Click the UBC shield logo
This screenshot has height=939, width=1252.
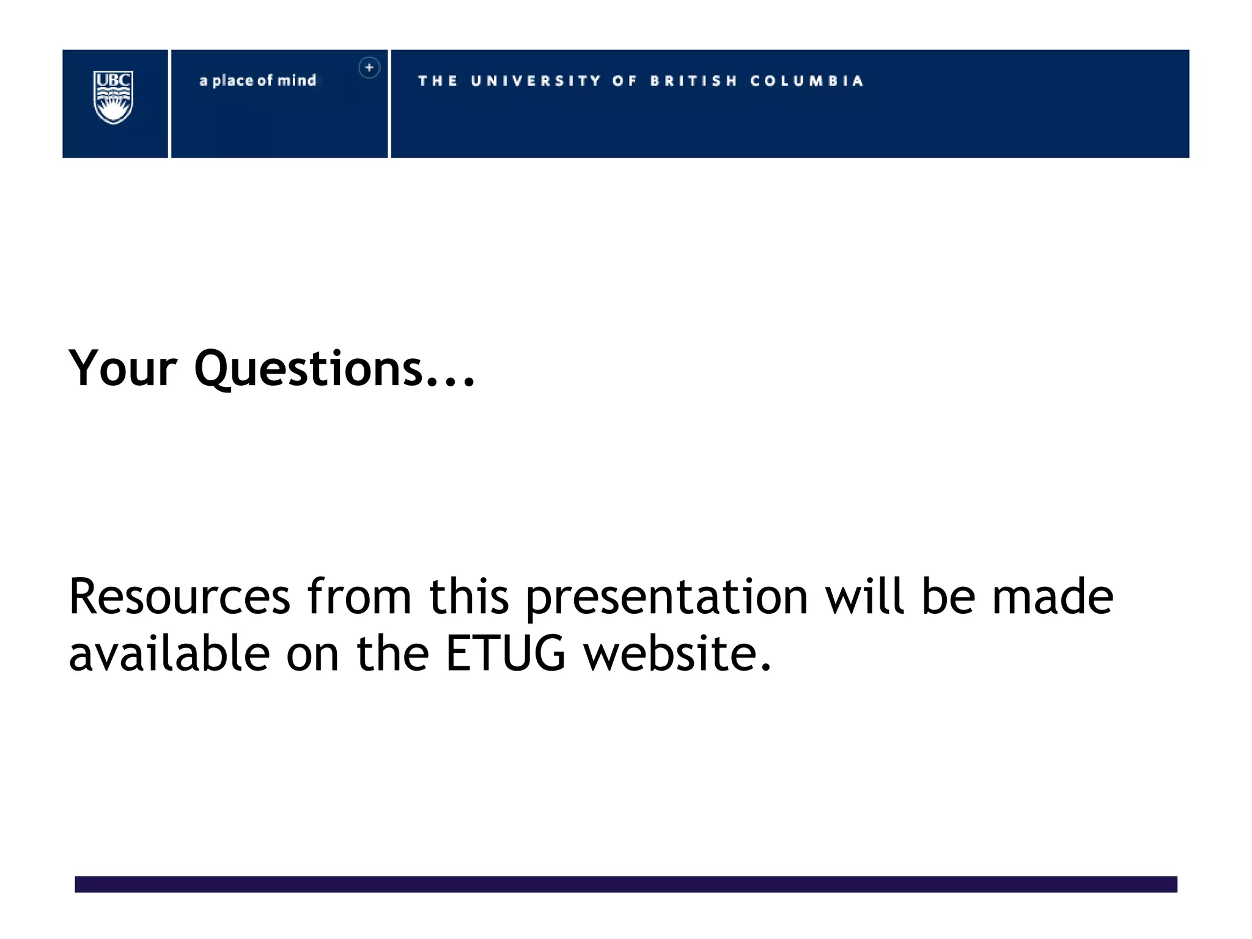coord(113,97)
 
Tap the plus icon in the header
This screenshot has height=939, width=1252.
coord(369,67)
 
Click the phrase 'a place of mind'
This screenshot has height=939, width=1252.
coord(258,81)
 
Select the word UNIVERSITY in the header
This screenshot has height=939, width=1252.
coord(536,81)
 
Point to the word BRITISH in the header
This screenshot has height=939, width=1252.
coord(694,81)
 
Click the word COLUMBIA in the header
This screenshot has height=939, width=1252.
coord(807,81)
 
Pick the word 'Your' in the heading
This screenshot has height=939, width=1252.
coord(123,368)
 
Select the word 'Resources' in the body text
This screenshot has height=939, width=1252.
coord(179,597)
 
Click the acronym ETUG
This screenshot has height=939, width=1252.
coord(506,654)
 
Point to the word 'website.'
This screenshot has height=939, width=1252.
coord(677,654)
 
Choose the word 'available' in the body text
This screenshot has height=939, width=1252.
coord(169,654)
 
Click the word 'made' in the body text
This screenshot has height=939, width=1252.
coord(1053,597)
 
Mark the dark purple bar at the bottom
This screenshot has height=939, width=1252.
coord(626,884)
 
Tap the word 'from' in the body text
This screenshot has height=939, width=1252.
coord(359,597)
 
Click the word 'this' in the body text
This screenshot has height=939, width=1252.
coord(469,597)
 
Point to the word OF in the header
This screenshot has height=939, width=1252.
coord(624,81)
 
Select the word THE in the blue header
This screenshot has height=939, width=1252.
coord(438,81)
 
